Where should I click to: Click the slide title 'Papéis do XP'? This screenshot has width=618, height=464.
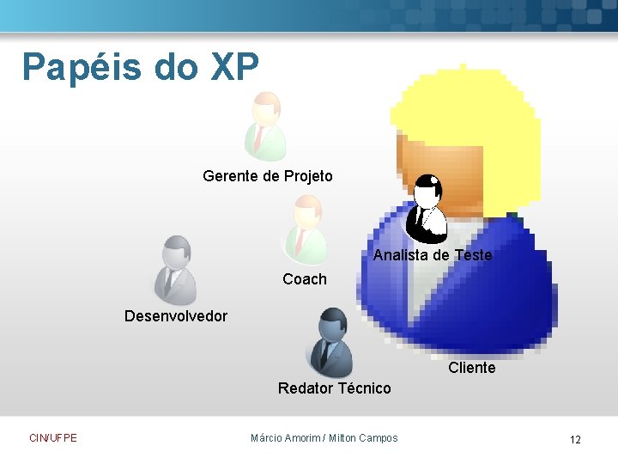(x=140, y=67)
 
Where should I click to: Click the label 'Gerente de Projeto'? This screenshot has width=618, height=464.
(x=268, y=176)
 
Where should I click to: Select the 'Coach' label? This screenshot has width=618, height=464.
(x=305, y=279)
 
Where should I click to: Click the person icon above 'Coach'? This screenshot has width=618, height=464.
(x=306, y=229)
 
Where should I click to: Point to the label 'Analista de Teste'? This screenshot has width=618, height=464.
(x=433, y=255)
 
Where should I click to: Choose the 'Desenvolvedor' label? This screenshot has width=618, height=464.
(x=176, y=316)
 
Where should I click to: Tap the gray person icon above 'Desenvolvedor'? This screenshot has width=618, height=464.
(x=174, y=270)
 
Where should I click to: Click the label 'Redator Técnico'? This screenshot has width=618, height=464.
(x=334, y=388)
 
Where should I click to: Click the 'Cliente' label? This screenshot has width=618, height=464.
(x=471, y=368)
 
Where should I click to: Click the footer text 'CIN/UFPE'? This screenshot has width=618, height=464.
(x=53, y=438)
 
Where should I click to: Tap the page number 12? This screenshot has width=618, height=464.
(x=575, y=440)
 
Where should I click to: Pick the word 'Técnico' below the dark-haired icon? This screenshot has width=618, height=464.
(x=365, y=388)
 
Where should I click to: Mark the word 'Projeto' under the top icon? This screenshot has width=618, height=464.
(x=308, y=176)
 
